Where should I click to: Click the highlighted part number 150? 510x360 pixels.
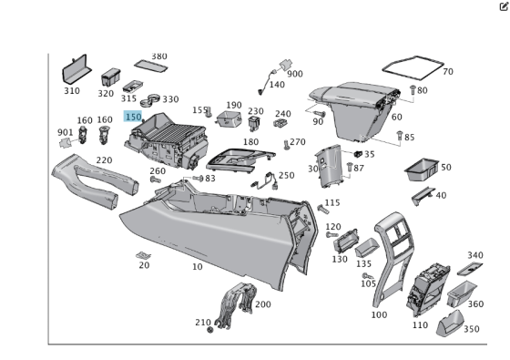pyautogui.click(x=133, y=118)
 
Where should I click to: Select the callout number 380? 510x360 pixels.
pyautogui.click(x=158, y=57)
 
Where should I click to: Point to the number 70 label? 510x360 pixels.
pyautogui.click(x=447, y=71)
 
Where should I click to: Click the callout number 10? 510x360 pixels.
pyautogui.click(x=197, y=266)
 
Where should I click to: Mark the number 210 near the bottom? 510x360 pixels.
pyautogui.click(x=202, y=322)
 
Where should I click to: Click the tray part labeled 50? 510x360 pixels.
pyautogui.click(x=420, y=168)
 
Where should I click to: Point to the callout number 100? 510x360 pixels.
pyautogui.click(x=379, y=314)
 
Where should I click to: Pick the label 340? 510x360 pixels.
pyautogui.click(x=475, y=255)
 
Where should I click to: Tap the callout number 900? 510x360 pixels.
pyautogui.click(x=295, y=74)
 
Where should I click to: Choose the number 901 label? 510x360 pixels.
pyautogui.click(x=65, y=132)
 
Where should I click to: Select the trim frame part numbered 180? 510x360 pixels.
pyautogui.click(x=241, y=162)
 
